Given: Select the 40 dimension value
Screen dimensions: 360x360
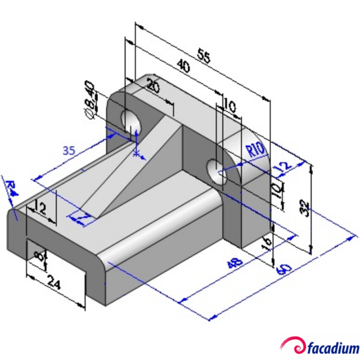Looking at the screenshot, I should [183, 66].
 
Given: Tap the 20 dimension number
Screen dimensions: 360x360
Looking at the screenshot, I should [152, 85].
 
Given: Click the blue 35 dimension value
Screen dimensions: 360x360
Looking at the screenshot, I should [69, 151].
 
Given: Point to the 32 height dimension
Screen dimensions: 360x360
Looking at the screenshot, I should [304, 209].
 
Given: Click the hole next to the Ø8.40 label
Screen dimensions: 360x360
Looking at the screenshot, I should [131, 120].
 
